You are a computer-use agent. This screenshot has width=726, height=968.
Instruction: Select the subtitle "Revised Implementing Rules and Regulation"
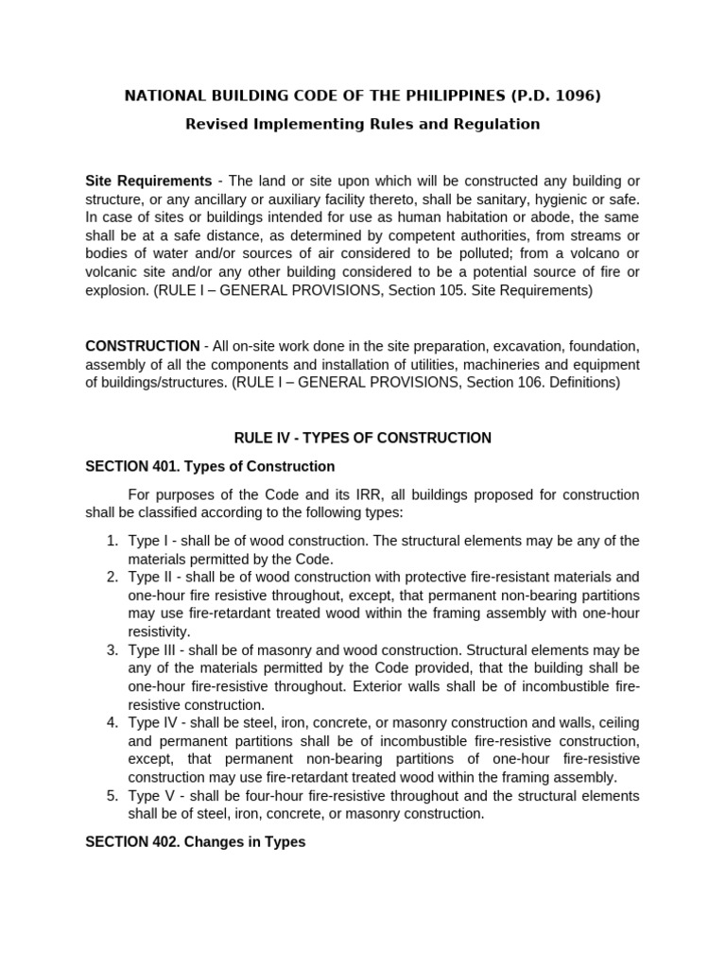tap(362, 124)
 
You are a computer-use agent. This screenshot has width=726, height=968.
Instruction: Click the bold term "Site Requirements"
tap(148, 181)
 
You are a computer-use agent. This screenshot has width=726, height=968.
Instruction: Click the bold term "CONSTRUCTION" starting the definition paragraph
tap(143, 346)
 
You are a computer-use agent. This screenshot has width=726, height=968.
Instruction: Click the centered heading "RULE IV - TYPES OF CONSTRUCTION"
tap(362, 438)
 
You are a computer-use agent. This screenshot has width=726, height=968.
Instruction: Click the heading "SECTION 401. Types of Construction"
tap(210, 466)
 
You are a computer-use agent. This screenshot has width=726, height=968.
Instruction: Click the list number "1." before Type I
tap(112, 541)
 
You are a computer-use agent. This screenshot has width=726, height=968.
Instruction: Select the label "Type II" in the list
tap(149, 577)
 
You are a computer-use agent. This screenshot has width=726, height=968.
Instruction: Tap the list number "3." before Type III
tap(112, 650)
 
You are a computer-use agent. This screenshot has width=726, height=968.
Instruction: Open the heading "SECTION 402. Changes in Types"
tap(196, 841)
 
